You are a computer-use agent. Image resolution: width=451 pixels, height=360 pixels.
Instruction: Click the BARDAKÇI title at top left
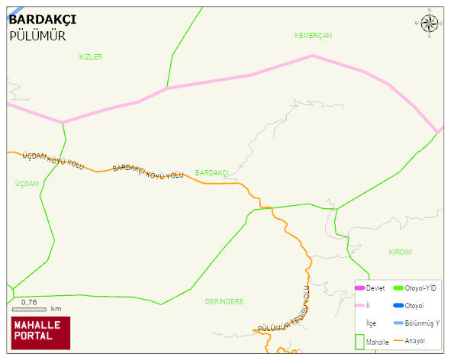pyautogui.click(x=42, y=19)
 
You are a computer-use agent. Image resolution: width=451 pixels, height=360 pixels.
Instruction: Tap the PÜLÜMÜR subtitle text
pyautogui.click(x=37, y=36)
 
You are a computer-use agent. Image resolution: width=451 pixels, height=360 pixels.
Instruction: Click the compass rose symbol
pyautogui.click(x=430, y=23)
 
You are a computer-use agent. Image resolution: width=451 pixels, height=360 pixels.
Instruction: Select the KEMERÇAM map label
pyautogui.click(x=314, y=36)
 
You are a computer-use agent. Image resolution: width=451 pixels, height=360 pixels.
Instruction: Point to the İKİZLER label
pyautogui.click(x=90, y=57)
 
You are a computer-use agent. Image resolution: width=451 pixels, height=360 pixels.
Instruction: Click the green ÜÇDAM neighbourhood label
pyautogui.click(x=27, y=184)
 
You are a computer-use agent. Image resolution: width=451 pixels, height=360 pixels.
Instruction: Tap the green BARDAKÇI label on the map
pyautogui.click(x=212, y=173)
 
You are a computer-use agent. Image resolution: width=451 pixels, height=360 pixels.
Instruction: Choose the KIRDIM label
pyautogui.click(x=400, y=252)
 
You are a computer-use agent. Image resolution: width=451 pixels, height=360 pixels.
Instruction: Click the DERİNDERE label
pyautogui.click(x=224, y=301)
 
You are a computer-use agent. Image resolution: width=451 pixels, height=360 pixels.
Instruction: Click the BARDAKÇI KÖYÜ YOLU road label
pyautogui.click(x=148, y=172)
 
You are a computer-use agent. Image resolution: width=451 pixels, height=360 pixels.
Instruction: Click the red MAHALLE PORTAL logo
pyautogui.click(x=40, y=333)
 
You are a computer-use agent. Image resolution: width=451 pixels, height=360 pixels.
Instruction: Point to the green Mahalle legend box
pyautogui.click(x=360, y=342)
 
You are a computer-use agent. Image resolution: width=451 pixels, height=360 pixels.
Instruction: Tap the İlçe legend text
pyautogui.click(x=371, y=323)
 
